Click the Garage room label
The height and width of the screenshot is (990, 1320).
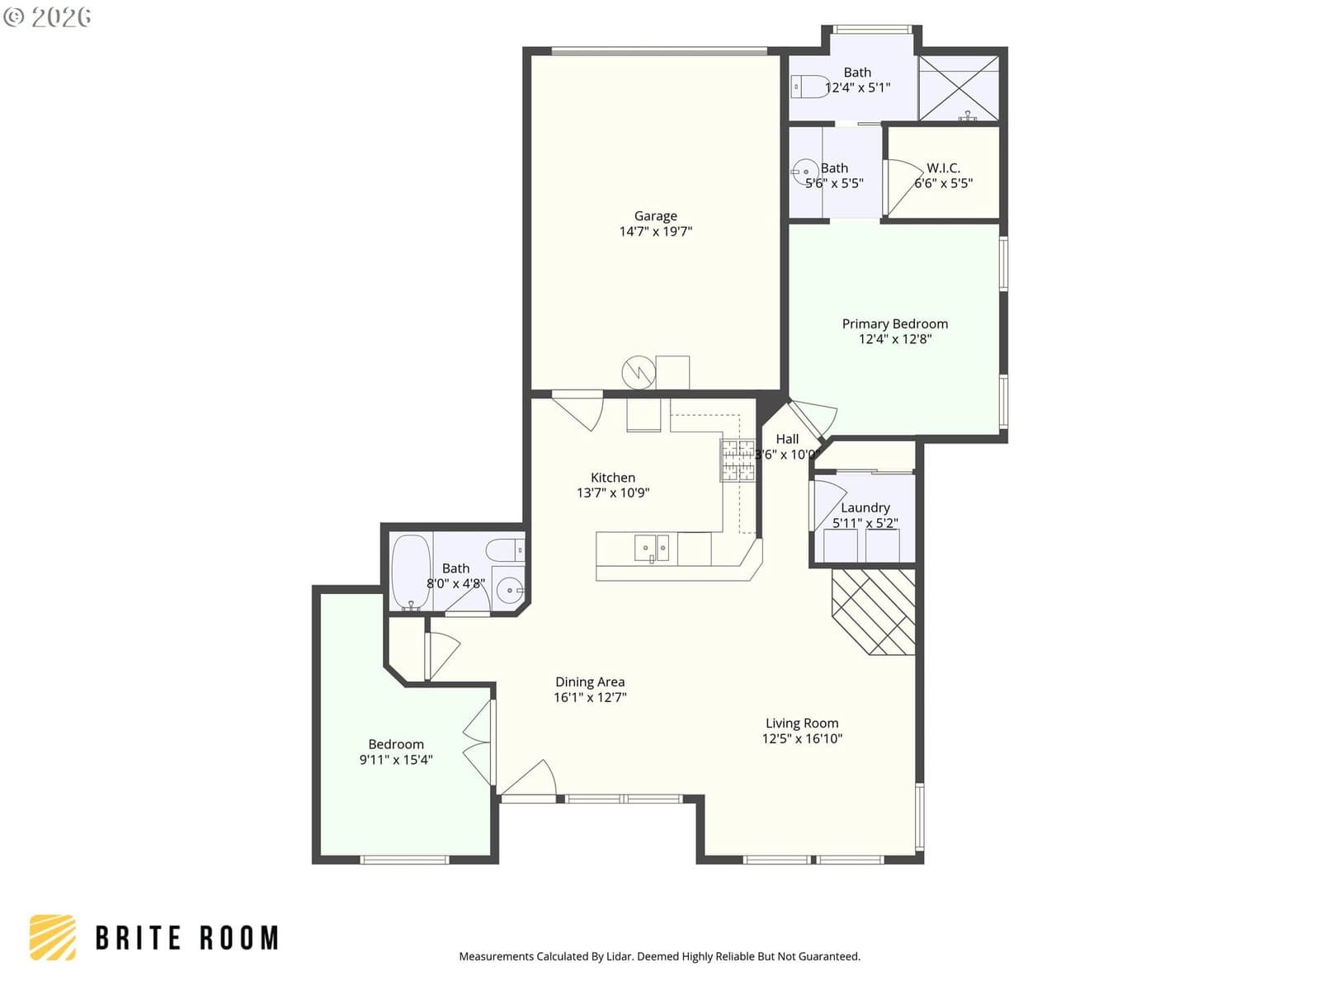coord(656,216)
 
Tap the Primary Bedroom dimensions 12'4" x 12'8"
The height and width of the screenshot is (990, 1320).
coord(895,339)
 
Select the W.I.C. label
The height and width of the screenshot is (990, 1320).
coord(943,168)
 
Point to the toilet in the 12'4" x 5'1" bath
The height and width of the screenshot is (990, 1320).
coord(808,87)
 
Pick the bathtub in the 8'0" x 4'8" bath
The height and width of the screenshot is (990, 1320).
coord(411,573)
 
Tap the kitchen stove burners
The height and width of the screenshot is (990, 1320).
coord(738,460)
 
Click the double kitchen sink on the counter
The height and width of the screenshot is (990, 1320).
coord(651,548)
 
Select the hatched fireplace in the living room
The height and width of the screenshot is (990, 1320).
coord(873,612)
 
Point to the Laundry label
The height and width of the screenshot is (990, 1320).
coord(865,508)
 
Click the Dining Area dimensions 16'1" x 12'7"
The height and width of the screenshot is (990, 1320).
coord(590,697)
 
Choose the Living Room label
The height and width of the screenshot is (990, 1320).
coord(802,724)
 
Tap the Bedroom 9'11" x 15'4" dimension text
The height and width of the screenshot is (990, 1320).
coord(396,760)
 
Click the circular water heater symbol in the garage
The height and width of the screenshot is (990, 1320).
coord(639,373)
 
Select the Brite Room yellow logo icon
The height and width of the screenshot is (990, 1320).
coord(53,937)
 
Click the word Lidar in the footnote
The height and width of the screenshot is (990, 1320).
coord(620,956)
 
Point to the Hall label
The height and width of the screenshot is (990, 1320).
coord(787,440)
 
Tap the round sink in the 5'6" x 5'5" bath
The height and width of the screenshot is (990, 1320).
coord(804,172)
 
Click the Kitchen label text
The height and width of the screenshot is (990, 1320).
coord(613,478)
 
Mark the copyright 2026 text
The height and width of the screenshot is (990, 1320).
coord(47,16)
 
